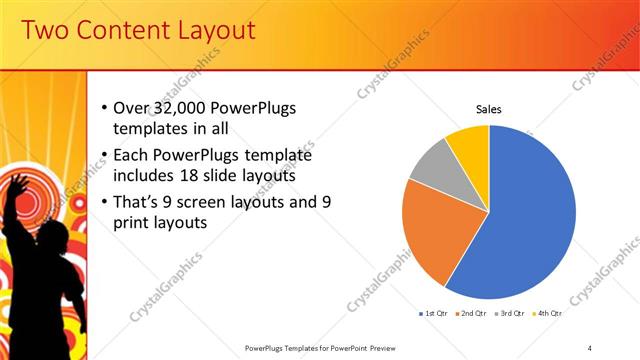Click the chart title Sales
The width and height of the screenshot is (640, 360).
click(x=488, y=109)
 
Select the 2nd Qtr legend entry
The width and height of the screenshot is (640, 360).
click(x=472, y=314)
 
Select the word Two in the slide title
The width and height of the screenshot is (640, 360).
click(x=44, y=31)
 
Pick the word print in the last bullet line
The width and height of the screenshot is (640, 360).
click(x=142, y=223)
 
